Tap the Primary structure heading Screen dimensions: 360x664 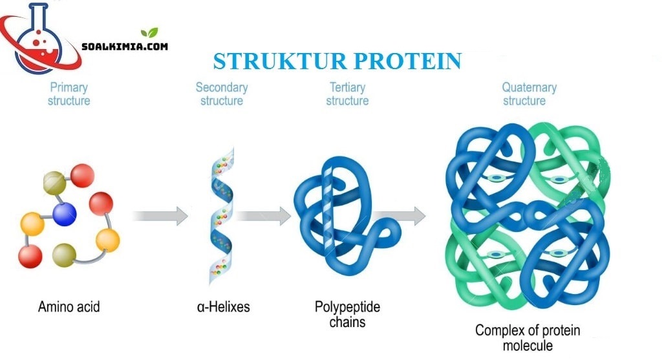click(69, 94)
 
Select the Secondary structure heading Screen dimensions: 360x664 click(222, 94)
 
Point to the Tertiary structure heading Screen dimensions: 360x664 click(347, 94)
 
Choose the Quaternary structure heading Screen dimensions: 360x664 click(529, 94)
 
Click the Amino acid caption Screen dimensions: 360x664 click(69, 306)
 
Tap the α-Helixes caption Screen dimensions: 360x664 click(223, 306)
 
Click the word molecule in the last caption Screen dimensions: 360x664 click(528, 346)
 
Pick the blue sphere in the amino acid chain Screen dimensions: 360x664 click(65, 214)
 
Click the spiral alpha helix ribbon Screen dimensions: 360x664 click(221, 217)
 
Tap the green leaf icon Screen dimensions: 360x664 click(149, 32)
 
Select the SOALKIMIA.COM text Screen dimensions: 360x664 click(125, 47)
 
